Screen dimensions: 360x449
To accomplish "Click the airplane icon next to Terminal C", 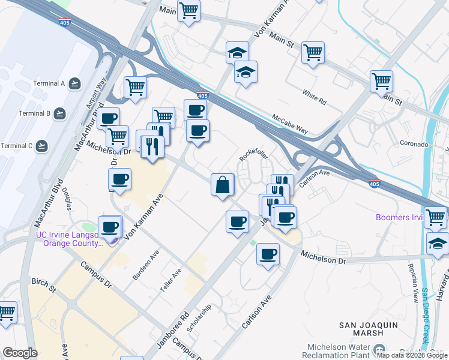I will pos(42,146).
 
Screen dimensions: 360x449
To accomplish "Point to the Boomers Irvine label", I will pos(399,217).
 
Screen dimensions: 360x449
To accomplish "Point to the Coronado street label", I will pos(415,145).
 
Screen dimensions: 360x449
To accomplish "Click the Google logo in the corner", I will pos(20,353).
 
